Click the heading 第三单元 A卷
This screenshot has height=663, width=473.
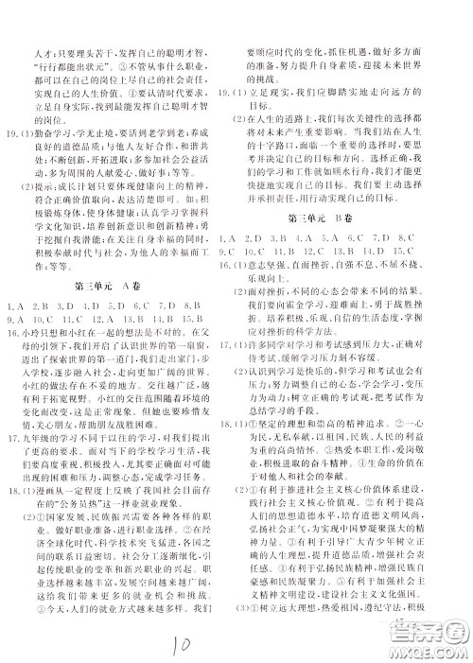pyautogui.click(x=120, y=282)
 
